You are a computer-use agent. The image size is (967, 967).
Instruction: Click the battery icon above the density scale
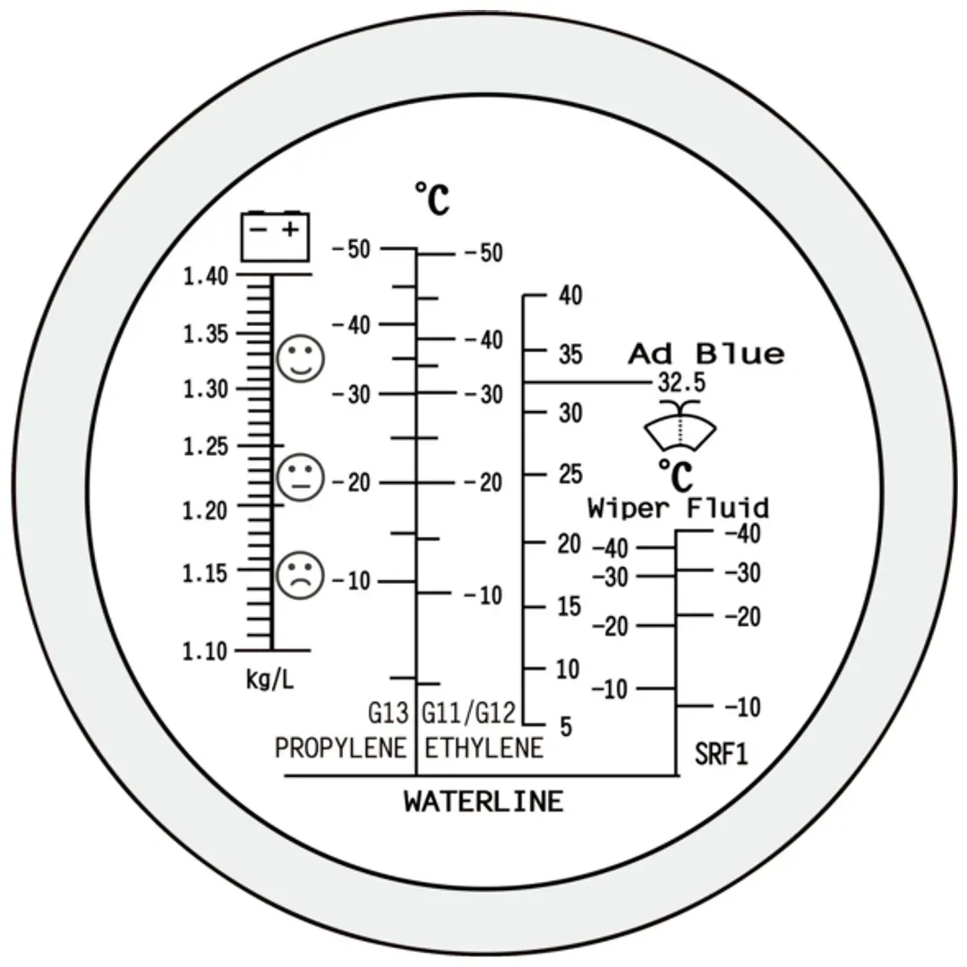pos(275,236)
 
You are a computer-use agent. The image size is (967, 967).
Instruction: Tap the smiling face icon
pos(300,358)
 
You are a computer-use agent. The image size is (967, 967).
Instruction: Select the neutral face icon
pos(300,477)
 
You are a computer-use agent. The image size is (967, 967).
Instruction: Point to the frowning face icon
pos(300,576)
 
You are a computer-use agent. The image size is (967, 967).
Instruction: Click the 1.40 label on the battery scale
pos(206,277)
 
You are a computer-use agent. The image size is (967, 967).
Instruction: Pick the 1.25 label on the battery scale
pos(206,447)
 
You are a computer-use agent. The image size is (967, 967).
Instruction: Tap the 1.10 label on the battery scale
pos(205,651)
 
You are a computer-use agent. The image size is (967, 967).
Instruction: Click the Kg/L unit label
pos(270,680)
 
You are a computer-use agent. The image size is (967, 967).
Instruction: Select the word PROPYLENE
pos(340,748)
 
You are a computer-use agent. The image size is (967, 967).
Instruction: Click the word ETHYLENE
pos(484,748)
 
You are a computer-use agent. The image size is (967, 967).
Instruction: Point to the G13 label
pos(389,714)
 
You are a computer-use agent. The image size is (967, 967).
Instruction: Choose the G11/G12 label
pos(468,714)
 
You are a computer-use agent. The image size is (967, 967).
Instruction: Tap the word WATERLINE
pos(484,801)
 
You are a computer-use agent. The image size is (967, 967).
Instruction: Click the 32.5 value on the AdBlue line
pos(681,383)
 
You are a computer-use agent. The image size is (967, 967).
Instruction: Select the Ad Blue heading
pos(706,354)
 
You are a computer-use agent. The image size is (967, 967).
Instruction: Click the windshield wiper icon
pos(680,425)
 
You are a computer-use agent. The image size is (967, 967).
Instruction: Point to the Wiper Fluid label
pos(679,509)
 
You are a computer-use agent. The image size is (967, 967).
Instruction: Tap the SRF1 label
pos(721,754)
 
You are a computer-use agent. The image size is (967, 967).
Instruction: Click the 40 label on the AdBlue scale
pos(570,295)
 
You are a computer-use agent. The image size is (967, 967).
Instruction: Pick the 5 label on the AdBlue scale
pos(566,726)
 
